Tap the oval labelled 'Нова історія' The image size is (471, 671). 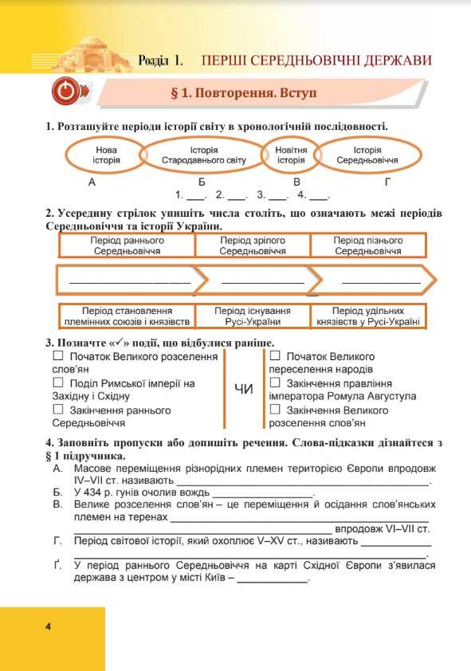[x=106, y=155]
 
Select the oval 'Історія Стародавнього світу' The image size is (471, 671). [x=204, y=155]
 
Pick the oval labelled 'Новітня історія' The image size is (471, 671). [x=291, y=155]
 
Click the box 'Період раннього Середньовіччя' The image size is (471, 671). [x=128, y=245]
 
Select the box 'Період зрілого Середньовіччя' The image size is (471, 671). [x=253, y=245]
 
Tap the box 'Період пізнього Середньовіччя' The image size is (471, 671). [x=367, y=245]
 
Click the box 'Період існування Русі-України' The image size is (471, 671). [x=253, y=316]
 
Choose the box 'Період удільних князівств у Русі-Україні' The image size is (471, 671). [x=367, y=316]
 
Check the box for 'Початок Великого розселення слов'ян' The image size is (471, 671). [x=57, y=357]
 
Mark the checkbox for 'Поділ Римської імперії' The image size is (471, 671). [x=57, y=383]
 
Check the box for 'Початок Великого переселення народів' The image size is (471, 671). [x=274, y=356]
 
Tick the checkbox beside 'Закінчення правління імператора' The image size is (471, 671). [x=274, y=383]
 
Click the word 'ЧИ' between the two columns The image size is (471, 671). [x=244, y=389]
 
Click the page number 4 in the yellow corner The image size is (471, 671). [x=49, y=626]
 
